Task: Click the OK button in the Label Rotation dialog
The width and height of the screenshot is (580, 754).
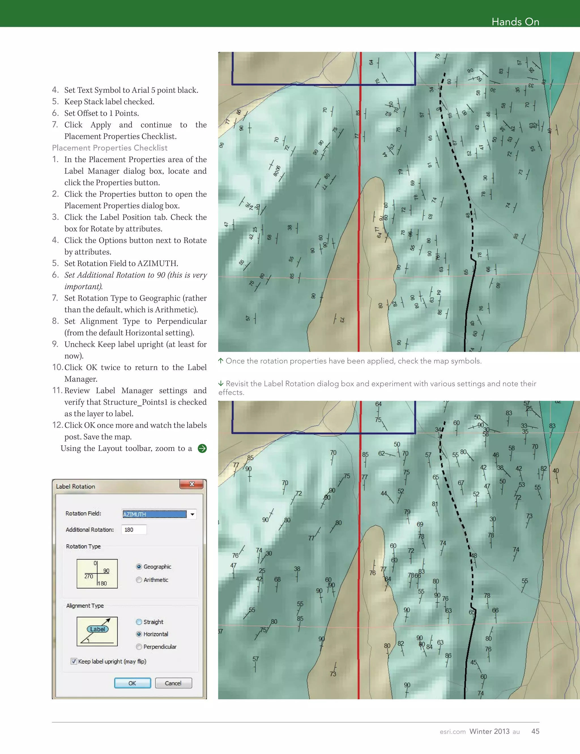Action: click(x=133, y=683)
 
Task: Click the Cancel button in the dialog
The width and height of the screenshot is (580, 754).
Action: click(x=173, y=683)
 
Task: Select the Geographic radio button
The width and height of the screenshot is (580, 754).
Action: click(x=139, y=567)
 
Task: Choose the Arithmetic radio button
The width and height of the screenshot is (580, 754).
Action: click(x=139, y=580)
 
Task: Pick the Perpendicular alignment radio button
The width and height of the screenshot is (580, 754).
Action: click(x=139, y=647)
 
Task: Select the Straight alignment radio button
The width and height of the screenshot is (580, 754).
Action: click(x=139, y=622)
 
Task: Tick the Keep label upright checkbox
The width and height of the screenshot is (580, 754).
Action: click(x=74, y=661)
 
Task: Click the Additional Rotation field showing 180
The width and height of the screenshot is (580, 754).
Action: click(x=134, y=530)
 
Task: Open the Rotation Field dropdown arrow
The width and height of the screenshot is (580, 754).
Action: click(x=192, y=514)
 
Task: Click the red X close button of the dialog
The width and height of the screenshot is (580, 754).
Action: click(x=191, y=484)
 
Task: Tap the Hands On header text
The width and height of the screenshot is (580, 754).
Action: click(x=515, y=22)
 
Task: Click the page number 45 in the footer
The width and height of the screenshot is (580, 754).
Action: click(x=535, y=731)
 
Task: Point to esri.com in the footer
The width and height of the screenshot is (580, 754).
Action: click(x=452, y=732)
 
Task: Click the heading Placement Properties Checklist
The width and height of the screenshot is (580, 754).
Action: click(x=110, y=148)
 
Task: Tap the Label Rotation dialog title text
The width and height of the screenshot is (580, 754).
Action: click(x=76, y=486)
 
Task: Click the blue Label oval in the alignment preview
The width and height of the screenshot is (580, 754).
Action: click(x=98, y=629)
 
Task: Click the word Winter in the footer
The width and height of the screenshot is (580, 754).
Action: click(x=480, y=731)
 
